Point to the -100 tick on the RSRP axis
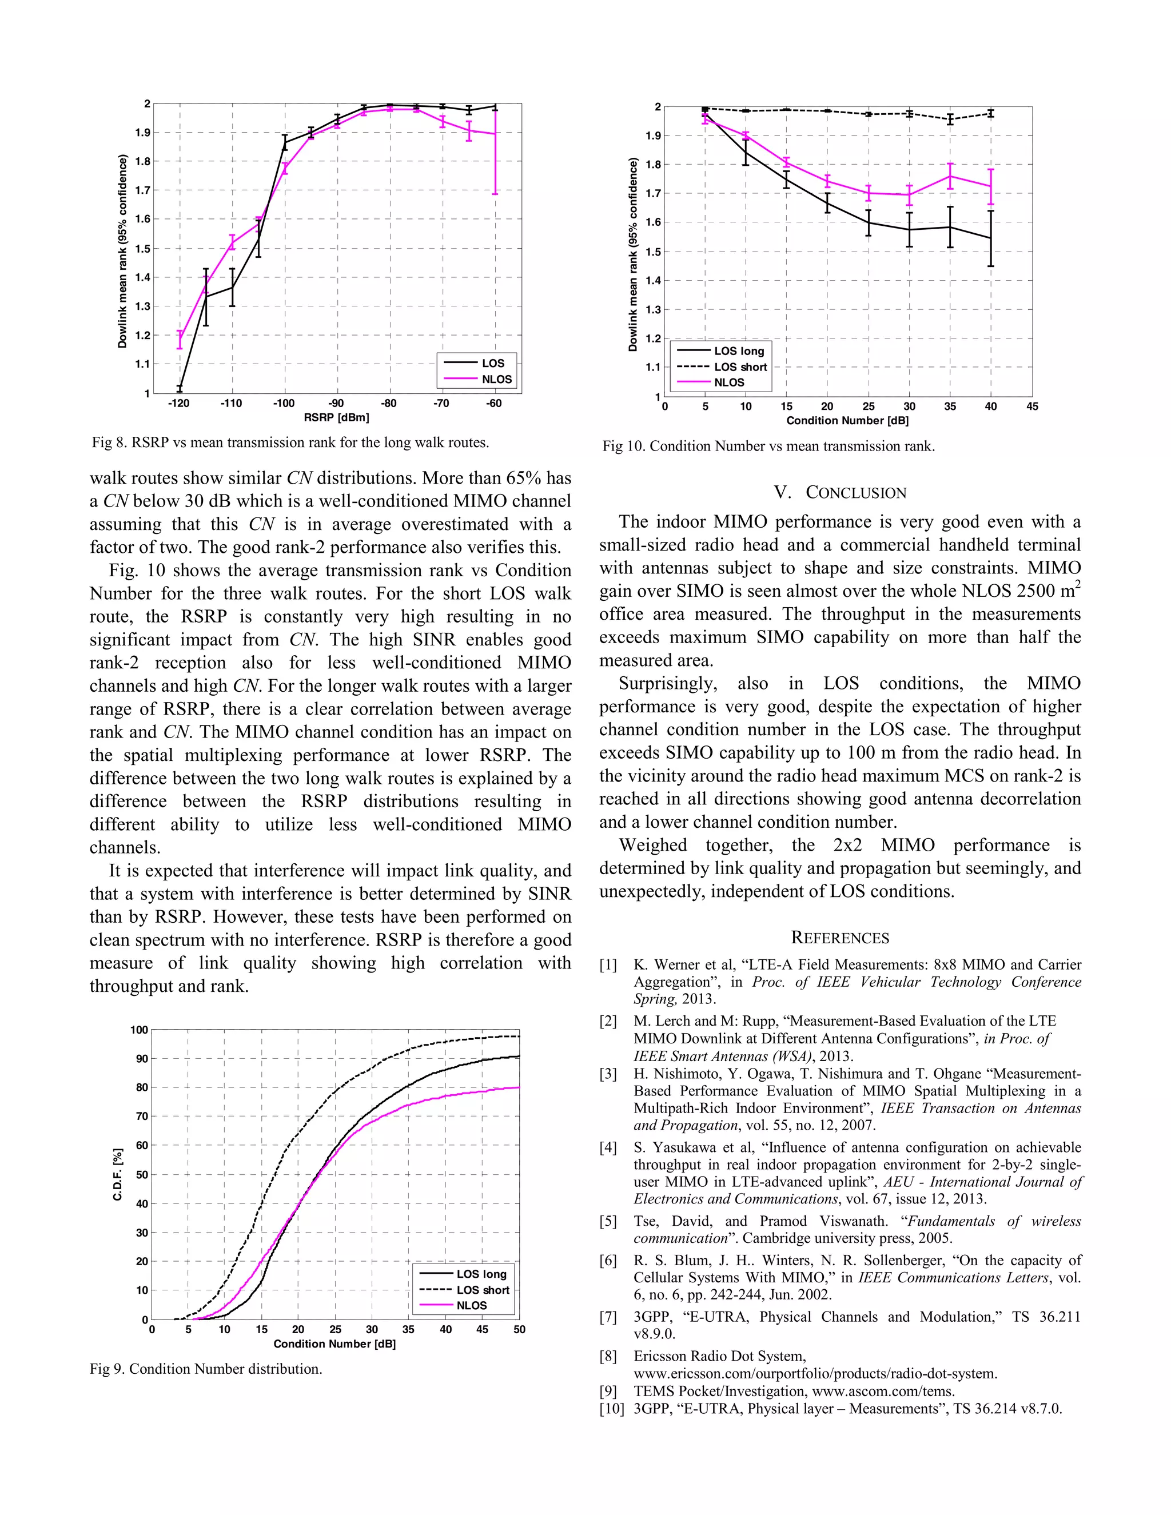283,404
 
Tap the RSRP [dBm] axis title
336,417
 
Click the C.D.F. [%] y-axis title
118,1174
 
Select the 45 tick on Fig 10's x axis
1031,406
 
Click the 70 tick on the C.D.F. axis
141,1116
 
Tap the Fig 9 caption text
205,1369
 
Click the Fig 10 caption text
768,446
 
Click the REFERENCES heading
839,938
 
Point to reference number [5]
608,1221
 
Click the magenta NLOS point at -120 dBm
180,339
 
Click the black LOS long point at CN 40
991,238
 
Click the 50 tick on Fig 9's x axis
519,1329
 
